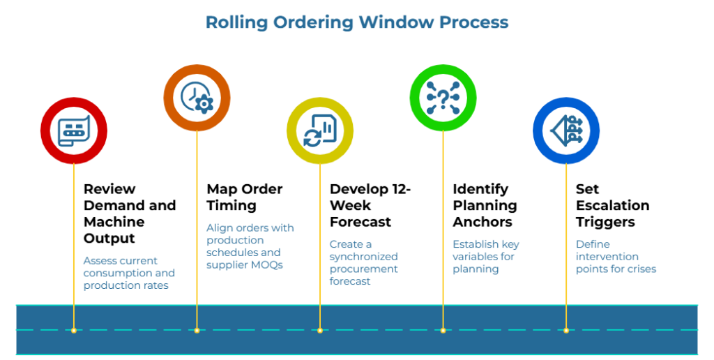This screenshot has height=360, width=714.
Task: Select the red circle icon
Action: click(x=74, y=130)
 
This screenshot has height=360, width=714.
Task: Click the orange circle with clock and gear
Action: click(x=197, y=98)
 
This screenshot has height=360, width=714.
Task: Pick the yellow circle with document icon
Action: click(x=320, y=130)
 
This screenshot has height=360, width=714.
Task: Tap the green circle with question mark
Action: click(x=443, y=98)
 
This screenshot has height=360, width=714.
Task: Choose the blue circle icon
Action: click(x=566, y=130)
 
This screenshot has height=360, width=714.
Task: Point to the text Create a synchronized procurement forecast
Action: click(x=363, y=263)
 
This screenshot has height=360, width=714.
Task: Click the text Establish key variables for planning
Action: click(x=486, y=257)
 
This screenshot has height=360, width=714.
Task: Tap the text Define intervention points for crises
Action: click(x=616, y=257)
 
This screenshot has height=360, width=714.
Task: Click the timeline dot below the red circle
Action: click(x=74, y=330)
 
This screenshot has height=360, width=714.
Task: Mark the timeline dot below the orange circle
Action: click(x=197, y=330)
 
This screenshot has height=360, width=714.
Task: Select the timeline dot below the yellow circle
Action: click(x=320, y=330)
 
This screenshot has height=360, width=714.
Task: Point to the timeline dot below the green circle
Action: click(x=443, y=330)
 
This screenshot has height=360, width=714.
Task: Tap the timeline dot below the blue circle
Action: click(x=566, y=330)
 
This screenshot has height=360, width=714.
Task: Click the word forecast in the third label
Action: click(x=350, y=282)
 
